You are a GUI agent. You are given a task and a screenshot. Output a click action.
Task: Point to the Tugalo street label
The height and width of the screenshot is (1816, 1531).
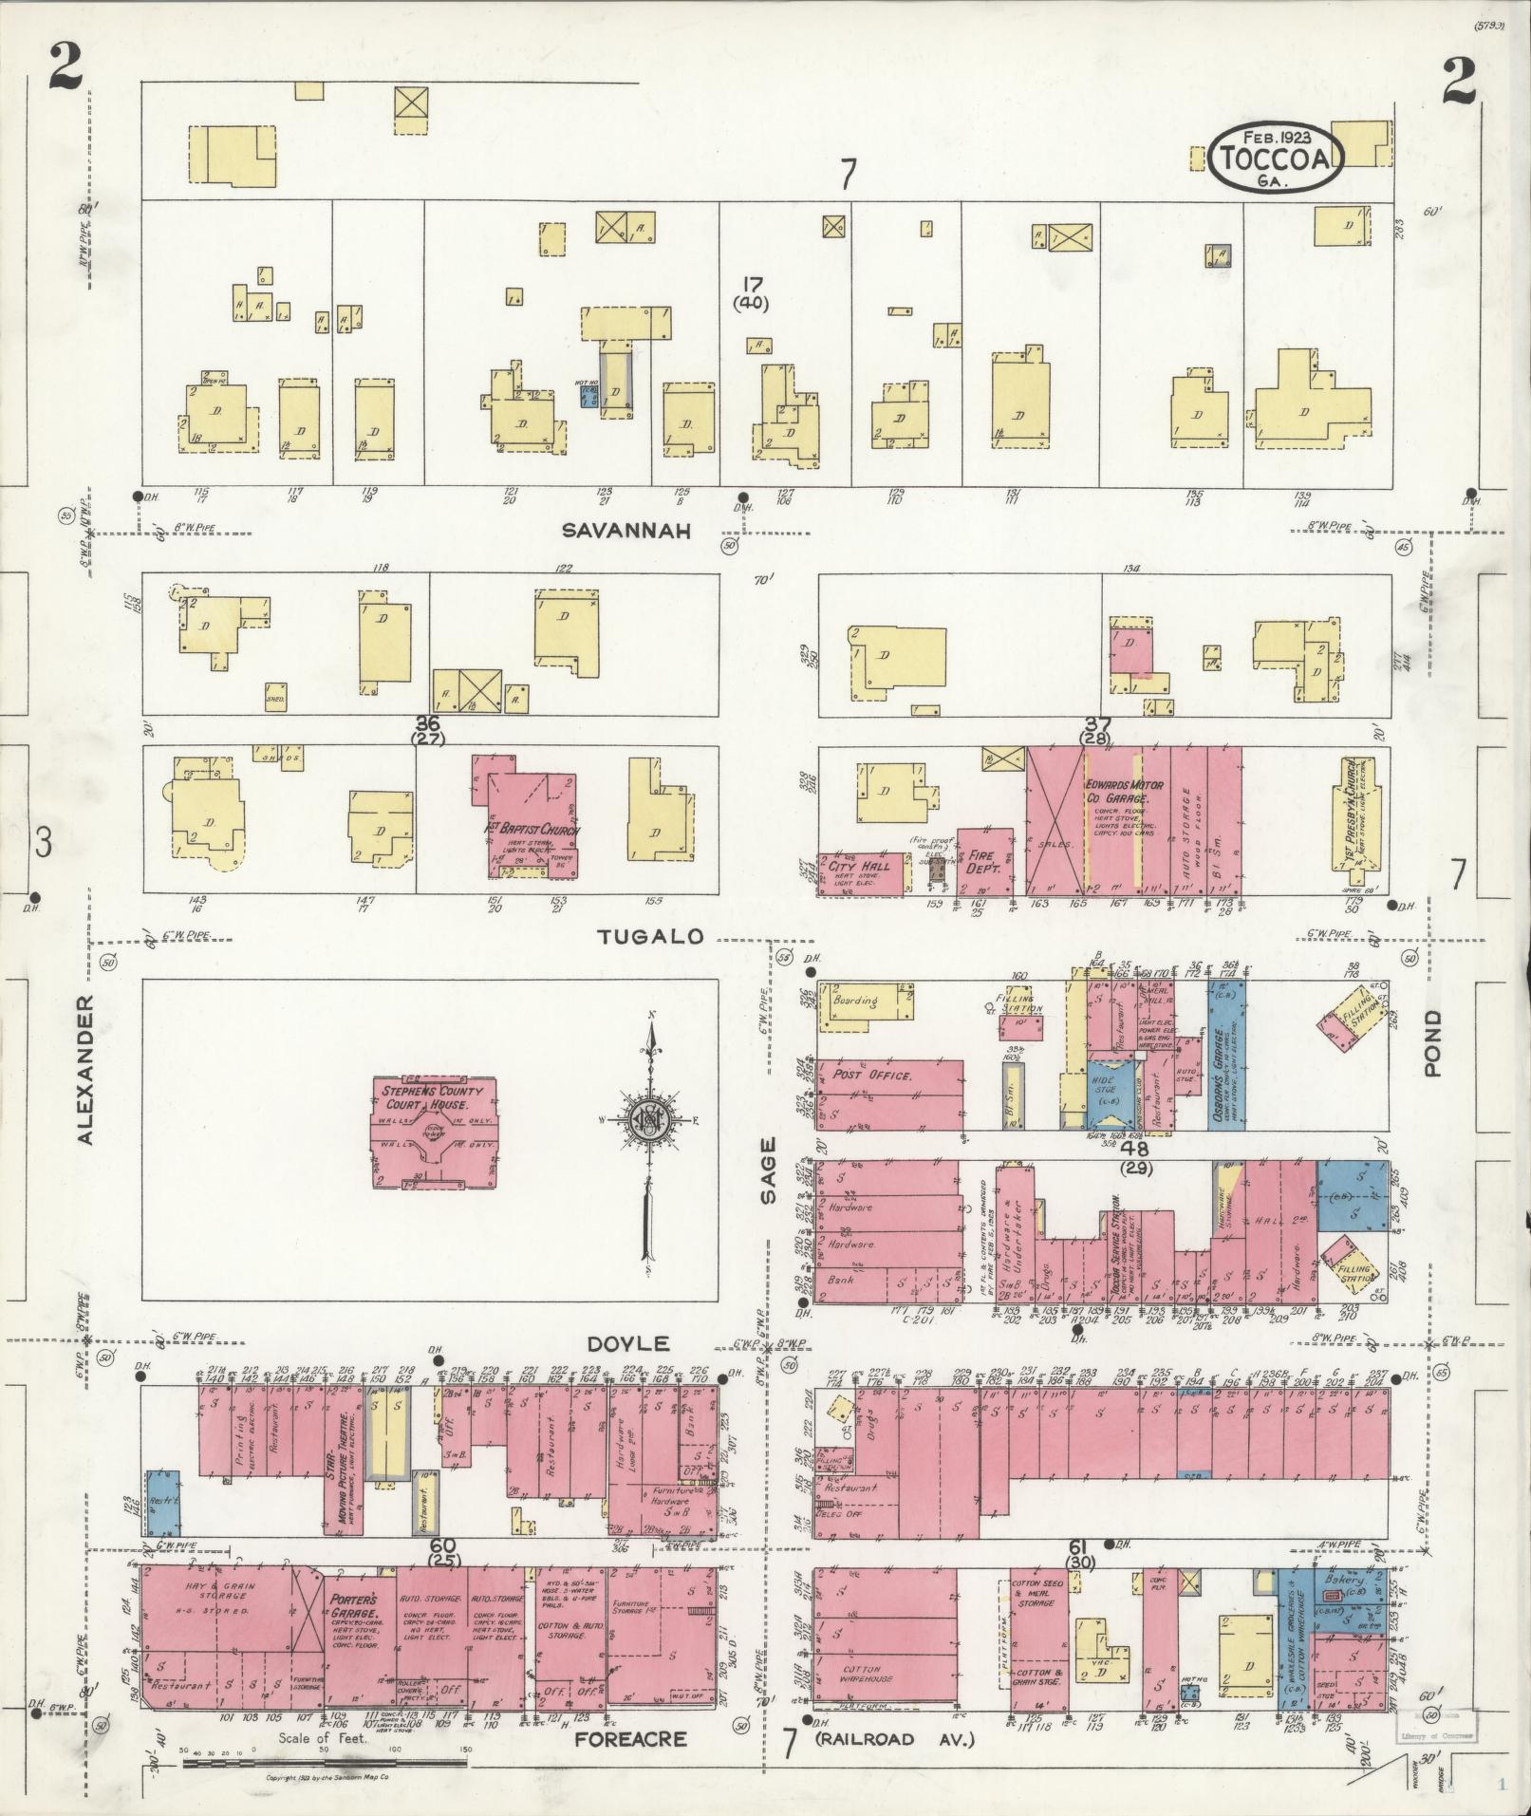[x=651, y=937]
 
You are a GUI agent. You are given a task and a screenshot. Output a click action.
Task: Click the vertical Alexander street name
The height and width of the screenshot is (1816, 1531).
[x=86, y=1070]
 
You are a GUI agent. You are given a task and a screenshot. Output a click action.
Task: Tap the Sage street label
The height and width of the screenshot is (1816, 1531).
[x=768, y=1170]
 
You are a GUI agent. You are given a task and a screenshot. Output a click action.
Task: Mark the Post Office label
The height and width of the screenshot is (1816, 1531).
[x=872, y=1076]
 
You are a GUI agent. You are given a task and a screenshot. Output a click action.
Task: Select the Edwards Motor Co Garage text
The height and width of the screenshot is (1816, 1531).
[x=1118, y=793]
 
